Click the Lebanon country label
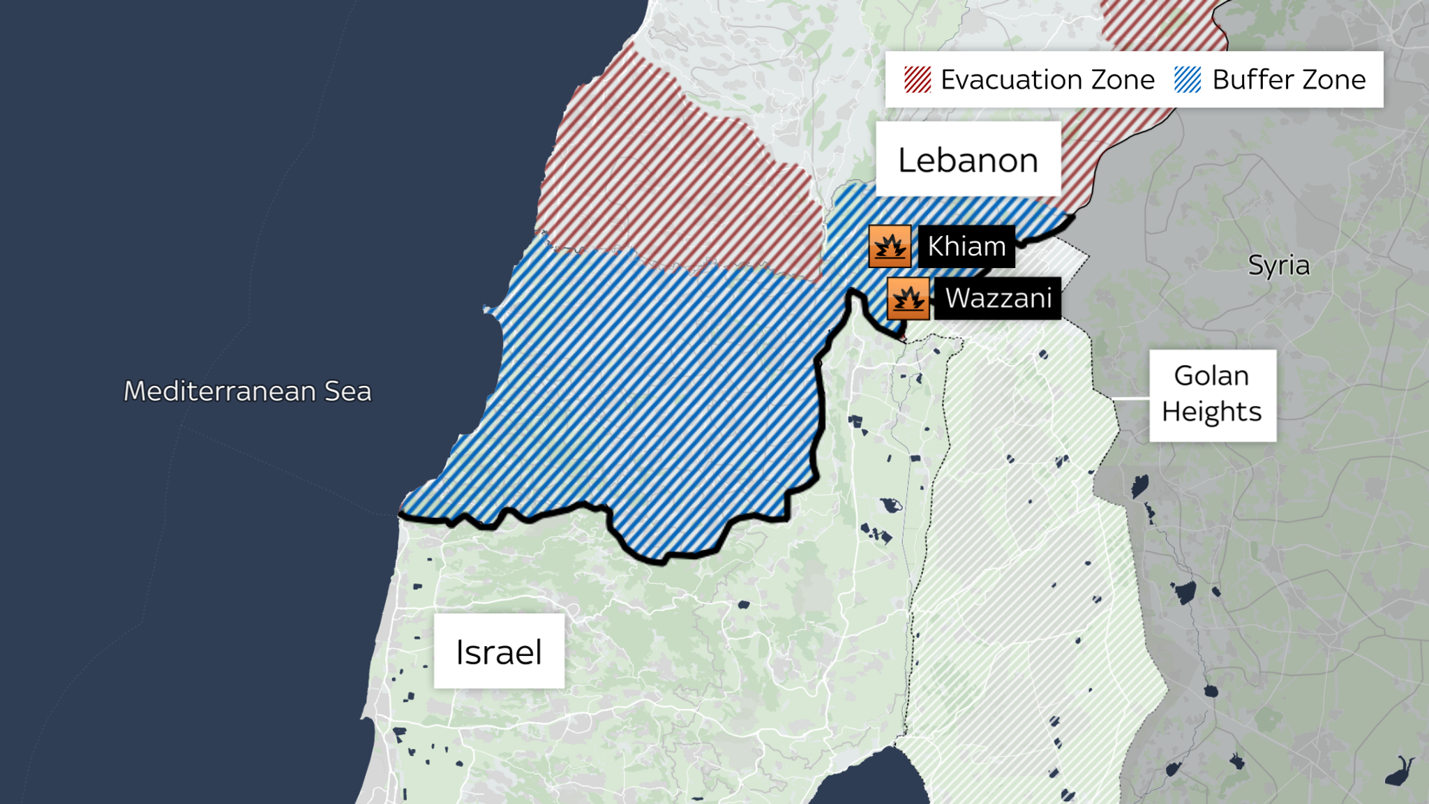click(x=968, y=160)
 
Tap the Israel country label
click(x=498, y=652)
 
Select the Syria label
click(x=1278, y=265)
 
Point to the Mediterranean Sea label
click(x=247, y=391)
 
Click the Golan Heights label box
click(x=1212, y=395)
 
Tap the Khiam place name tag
click(x=966, y=246)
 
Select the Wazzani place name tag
click(x=998, y=298)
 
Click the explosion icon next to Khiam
click(x=890, y=246)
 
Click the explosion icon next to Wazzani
click(x=908, y=299)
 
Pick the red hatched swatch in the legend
click(x=917, y=80)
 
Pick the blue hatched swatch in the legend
click(x=1187, y=80)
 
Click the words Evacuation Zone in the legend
click(x=1047, y=80)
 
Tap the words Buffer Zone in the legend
click(x=1288, y=80)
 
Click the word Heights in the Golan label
click(x=1211, y=412)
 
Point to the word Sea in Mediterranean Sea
click(x=347, y=391)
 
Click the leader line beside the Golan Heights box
click(x=1130, y=398)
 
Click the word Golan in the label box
click(x=1211, y=375)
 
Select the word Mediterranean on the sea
click(x=220, y=391)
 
